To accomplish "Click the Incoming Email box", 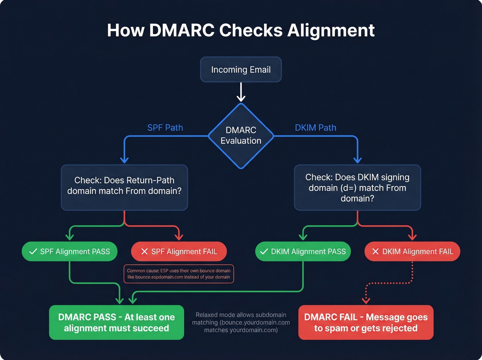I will click(241, 70).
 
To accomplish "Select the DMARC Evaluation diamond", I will click(241, 135).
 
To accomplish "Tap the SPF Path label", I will click(165, 128).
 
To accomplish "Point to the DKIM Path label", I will click(315, 128).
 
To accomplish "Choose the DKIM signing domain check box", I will click(357, 187).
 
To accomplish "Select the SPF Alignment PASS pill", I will click(70, 251).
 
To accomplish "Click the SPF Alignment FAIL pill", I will click(179, 251).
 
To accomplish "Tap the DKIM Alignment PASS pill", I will click(303, 251).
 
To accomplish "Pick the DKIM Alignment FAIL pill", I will click(412, 251).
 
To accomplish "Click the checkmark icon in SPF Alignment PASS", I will click(33, 251).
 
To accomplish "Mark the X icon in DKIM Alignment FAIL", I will click(375, 251).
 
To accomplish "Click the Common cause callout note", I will click(179, 274).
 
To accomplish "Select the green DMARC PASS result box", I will click(116, 322).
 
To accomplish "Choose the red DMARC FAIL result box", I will click(366, 322).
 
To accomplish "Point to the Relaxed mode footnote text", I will click(241, 322).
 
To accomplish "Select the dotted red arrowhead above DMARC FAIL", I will click(366, 300).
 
